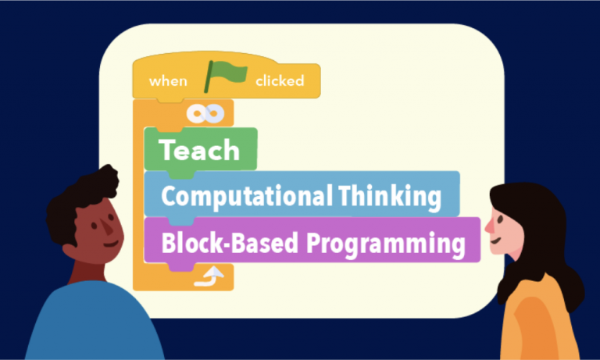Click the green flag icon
pyautogui.click(x=226, y=76)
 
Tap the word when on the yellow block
pyautogui.click(x=168, y=81)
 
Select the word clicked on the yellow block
pyautogui.click(x=280, y=80)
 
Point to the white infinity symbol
pyautogui.click(x=205, y=114)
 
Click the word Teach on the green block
pyautogui.click(x=199, y=150)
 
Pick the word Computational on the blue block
pyautogui.click(x=246, y=197)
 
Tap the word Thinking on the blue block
pyautogui.click(x=390, y=197)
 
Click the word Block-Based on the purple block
pyautogui.click(x=230, y=243)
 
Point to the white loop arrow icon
pyautogui.click(x=209, y=276)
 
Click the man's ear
pyautogui.click(x=70, y=251)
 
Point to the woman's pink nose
pyautogui.click(x=489, y=226)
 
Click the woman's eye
pyautogui.click(x=500, y=219)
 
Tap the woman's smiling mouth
pyautogui.click(x=496, y=241)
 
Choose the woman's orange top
pyautogui.click(x=540, y=319)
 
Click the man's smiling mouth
pyautogui.click(x=111, y=244)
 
